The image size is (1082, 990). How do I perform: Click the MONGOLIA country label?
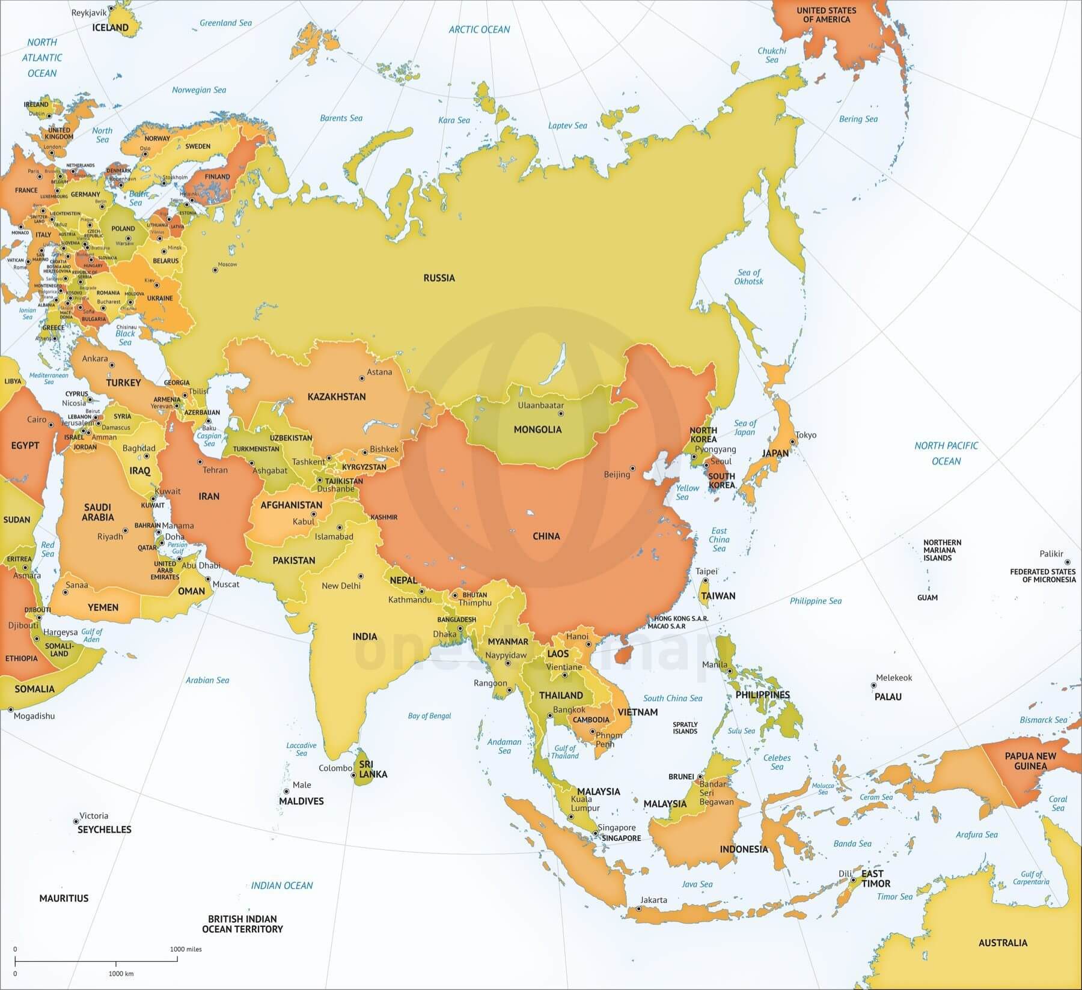click(537, 430)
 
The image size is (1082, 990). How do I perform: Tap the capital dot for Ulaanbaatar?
click(561, 413)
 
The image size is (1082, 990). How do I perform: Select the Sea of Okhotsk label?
click(748, 277)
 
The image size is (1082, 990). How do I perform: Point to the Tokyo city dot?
click(793, 442)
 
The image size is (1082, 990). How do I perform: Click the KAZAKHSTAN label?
click(337, 396)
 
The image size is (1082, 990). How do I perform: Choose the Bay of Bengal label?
click(429, 715)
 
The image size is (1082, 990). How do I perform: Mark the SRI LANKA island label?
click(372, 770)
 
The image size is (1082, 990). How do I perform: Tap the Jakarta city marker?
click(639, 908)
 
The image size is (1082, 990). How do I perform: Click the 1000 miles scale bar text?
click(186, 949)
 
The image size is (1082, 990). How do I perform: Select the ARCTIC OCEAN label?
click(479, 29)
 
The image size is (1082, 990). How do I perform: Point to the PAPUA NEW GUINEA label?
click(1030, 761)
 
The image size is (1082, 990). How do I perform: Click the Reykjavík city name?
click(89, 13)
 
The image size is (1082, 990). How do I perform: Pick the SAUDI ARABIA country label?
click(98, 512)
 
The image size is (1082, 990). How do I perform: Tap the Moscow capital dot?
click(215, 270)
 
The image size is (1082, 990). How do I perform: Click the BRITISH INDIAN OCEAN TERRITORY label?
click(242, 924)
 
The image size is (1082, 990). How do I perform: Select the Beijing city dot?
click(632, 468)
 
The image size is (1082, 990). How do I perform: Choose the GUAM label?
click(928, 598)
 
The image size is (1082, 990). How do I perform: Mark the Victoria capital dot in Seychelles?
click(76, 821)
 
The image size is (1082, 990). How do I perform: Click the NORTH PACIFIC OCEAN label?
click(946, 454)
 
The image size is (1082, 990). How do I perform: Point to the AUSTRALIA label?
click(1003, 943)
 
